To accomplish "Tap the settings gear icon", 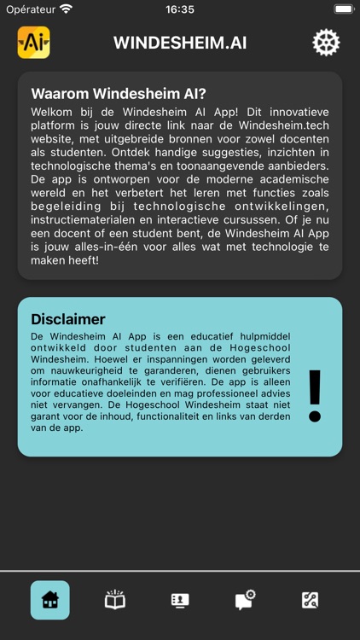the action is tap(326, 43).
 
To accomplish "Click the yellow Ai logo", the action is tap(34, 43).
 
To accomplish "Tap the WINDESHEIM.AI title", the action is tap(180, 43).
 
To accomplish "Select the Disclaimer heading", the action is tap(68, 319).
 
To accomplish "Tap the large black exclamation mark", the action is tap(315, 396).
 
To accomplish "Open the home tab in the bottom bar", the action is tap(50, 600).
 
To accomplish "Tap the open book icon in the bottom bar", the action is tap(115, 600).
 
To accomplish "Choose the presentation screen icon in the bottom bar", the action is tap(180, 600).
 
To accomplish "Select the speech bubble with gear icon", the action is tap(245, 600).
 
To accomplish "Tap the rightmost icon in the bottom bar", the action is tap(311, 600).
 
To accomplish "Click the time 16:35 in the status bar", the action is tap(180, 9).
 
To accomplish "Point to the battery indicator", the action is tap(344, 9).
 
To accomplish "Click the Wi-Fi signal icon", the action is tap(67, 9).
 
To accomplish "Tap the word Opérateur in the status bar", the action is tap(31, 9).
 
